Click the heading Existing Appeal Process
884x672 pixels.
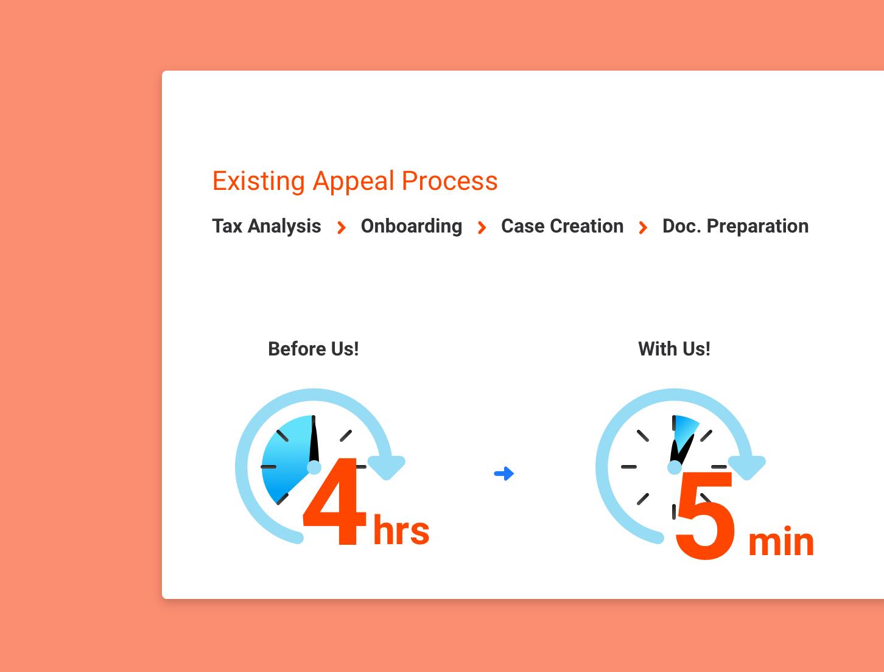[355, 182]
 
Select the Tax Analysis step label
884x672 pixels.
[267, 226]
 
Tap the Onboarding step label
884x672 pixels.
[411, 226]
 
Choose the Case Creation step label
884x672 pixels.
[562, 226]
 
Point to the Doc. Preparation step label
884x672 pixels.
[735, 226]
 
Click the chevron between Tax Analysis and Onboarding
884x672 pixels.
[342, 228]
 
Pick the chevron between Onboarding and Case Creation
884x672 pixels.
[482, 228]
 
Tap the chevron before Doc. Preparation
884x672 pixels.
[643, 228]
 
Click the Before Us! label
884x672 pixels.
[314, 349]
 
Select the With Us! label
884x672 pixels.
[674, 349]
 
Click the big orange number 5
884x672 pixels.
[706, 516]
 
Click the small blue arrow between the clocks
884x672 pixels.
[504, 474]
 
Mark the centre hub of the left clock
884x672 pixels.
[314, 467]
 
